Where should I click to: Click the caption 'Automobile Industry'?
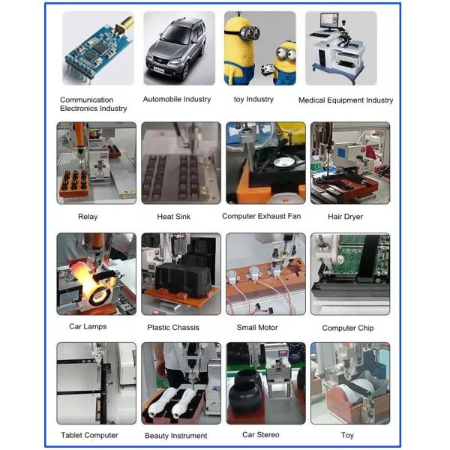[x=177, y=99]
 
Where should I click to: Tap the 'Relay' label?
[x=88, y=217]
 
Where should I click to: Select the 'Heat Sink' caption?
[x=174, y=217]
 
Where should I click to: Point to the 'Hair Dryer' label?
[x=345, y=217]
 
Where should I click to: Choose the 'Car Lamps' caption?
[x=88, y=326]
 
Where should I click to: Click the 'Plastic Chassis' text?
[x=173, y=328]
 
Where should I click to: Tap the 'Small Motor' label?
[x=257, y=328]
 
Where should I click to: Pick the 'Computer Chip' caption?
[x=348, y=328]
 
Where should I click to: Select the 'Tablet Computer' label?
[x=89, y=435]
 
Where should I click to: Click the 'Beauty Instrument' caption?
[x=176, y=436]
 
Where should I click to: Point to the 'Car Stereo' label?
[x=260, y=435]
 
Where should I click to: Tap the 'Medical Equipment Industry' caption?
[x=346, y=100]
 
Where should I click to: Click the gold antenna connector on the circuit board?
[x=124, y=24]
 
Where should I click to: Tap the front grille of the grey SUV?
[x=161, y=61]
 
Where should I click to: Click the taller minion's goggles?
[x=247, y=32]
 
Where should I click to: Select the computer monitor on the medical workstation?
[x=329, y=21]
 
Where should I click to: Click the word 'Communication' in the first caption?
[x=87, y=100]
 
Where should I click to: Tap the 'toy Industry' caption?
[x=253, y=99]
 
